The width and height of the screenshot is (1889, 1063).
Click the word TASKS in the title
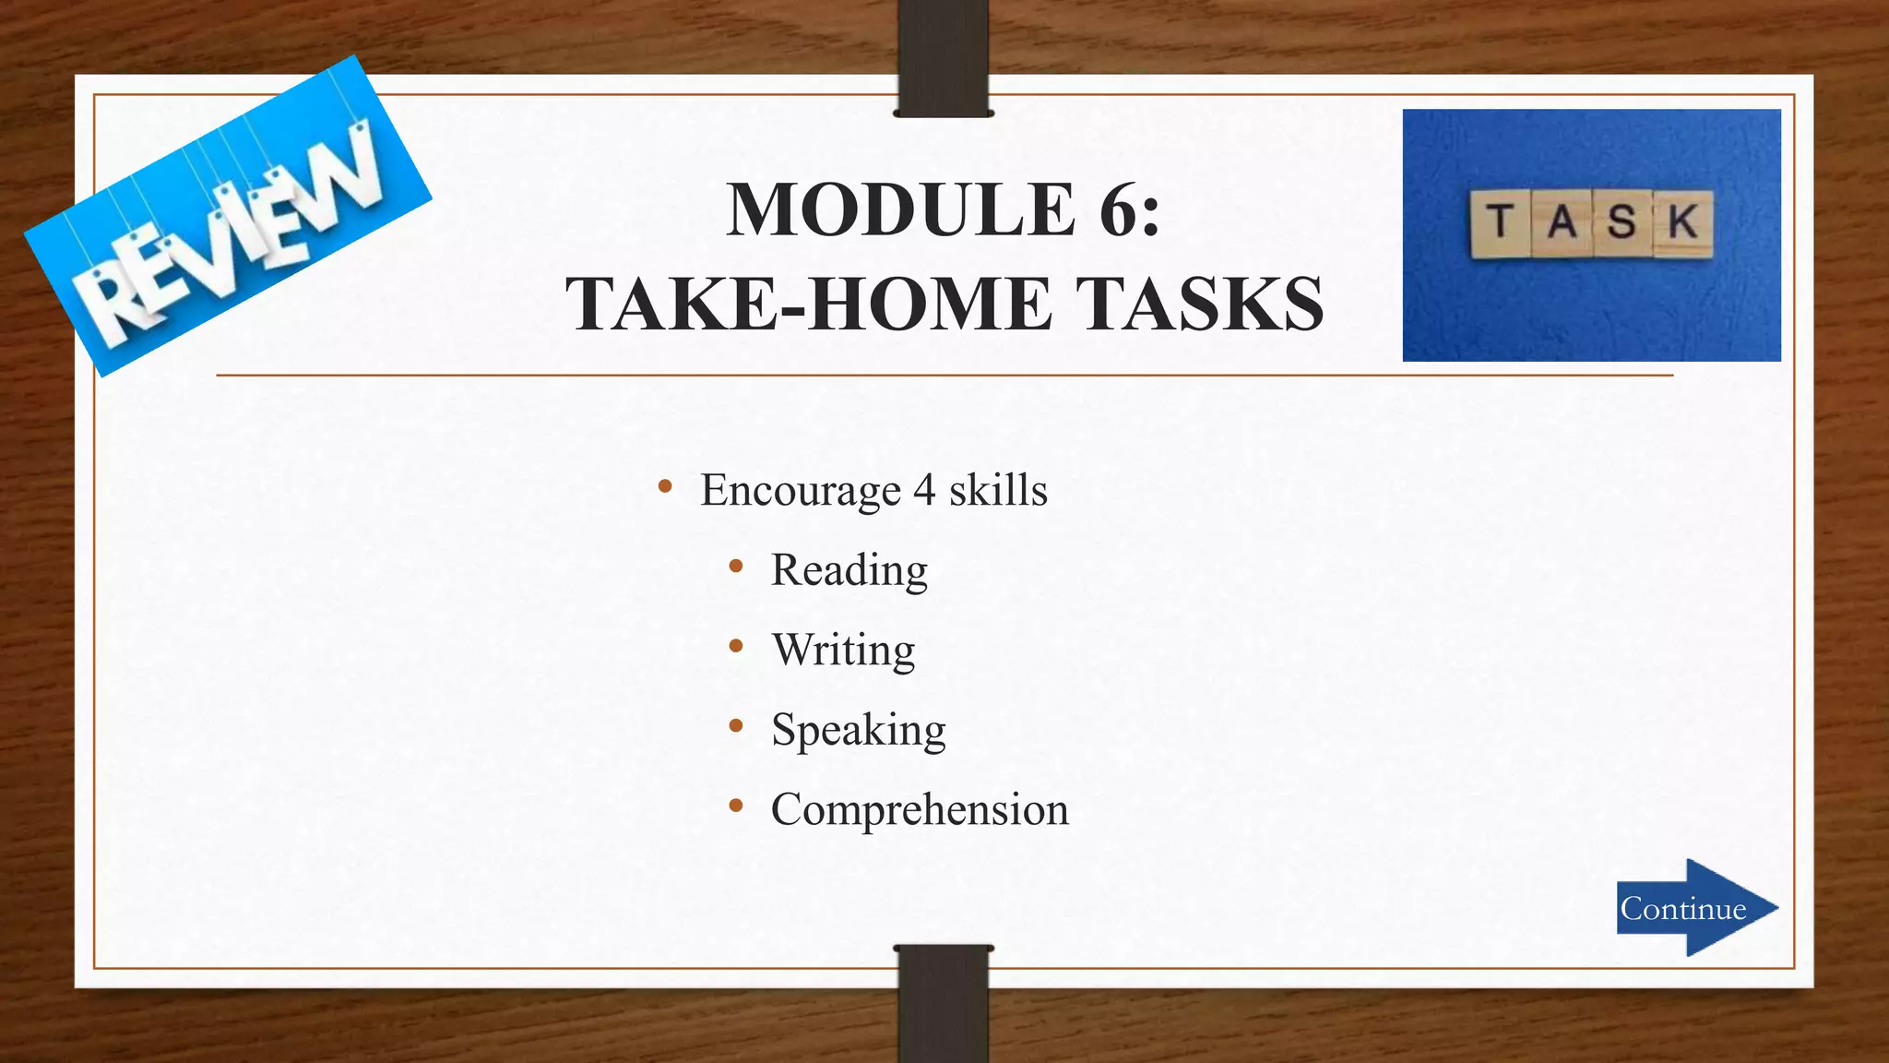click(x=1200, y=305)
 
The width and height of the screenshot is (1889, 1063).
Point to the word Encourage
click(x=800, y=490)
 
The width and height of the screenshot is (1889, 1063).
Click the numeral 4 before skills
click(x=924, y=490)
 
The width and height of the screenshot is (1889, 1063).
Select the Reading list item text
click(x=849, y=570)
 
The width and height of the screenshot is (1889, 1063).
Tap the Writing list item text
click(x=843, y=651)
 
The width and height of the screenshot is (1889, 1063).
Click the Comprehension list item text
click(x=920, y=810)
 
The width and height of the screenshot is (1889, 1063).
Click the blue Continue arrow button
click(x=1695, y=908)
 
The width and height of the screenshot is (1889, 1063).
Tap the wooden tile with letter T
click(x=1500, y=223)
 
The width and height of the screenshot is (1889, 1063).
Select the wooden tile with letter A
click(x=1562, y=223)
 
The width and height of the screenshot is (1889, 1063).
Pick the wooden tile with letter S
click(x=1622, y=223)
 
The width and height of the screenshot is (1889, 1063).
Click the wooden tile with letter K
click(x=1683, y=223)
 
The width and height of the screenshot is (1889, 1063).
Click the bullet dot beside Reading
click(x=735, y=567)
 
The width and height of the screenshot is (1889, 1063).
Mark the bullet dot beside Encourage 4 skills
click(x=664, y=486)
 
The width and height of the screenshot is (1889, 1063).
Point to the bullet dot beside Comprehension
click(x=735, y=806)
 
